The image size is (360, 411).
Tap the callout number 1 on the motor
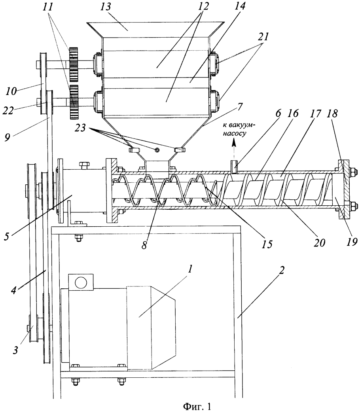[x=191, y=269]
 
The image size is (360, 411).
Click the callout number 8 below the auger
[x=144, y=244]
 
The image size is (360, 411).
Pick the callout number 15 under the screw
[x=267, y=244]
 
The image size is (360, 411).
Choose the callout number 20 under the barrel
[x=319, y=243]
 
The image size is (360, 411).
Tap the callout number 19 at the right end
[x=351, y=241]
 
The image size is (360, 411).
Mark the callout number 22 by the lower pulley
[x=8, y=111]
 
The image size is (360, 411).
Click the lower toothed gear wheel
[x=74, y=103]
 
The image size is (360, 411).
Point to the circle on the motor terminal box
[x=81, y=282]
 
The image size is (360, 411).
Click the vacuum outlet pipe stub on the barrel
[x=234, y=167]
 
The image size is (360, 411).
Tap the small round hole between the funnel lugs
[x=157, y=150]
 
